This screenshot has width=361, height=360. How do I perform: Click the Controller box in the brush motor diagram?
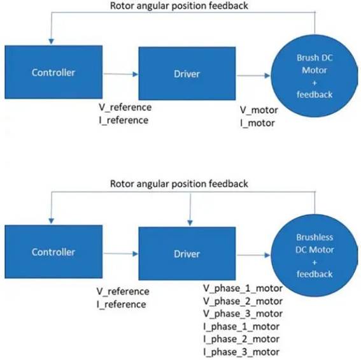pyautogui.click(x=53, y=72)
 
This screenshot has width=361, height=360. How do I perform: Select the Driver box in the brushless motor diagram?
pyautogui.click(x=187, y=254)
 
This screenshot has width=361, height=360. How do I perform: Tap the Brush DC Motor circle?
pyautogui.click(x=315, y=76)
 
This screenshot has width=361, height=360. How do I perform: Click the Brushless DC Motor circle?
pyautogui.click(x=315, y=256)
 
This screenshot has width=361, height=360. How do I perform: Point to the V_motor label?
pyautogui.click(x=258, y=110)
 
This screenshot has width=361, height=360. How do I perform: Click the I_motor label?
pyautogui.click(x=257, y=123)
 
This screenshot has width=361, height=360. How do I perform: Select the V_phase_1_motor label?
pyautogui.click(x=243, y=289)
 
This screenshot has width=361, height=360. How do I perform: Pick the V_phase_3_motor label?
pyautogui.click(x=243, y=313)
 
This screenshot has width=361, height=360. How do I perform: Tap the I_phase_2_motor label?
pyautogui.click(x=241, y=339)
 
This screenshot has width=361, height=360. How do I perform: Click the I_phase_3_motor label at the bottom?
pyautogui.click(x=241, y=352)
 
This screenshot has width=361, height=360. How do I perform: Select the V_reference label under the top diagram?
pyautogui.click(x=125, y=108)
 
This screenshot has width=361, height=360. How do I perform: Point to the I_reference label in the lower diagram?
pyautogui.click(x=122, y=305)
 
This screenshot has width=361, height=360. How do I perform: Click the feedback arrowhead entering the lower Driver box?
pyautogui.click(x=190, y=223)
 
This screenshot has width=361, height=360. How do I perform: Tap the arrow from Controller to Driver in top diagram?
pyautogui.click(x=121, y=74)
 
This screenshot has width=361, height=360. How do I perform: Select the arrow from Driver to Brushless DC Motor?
pyautogui.click(x=253, y=255)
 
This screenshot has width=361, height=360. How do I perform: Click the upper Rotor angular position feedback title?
pyautogui.click(x=179, y=6)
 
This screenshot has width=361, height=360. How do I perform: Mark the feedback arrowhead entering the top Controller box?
pyautogui.click(x=52, y=41)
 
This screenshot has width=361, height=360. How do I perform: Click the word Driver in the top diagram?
pyautogui.click(x=187, y=74)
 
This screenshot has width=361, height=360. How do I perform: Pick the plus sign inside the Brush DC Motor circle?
pyautogui.click(x=315, y=83)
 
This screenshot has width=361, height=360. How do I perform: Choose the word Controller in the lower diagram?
pyautogui.click(x=53, y=252)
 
